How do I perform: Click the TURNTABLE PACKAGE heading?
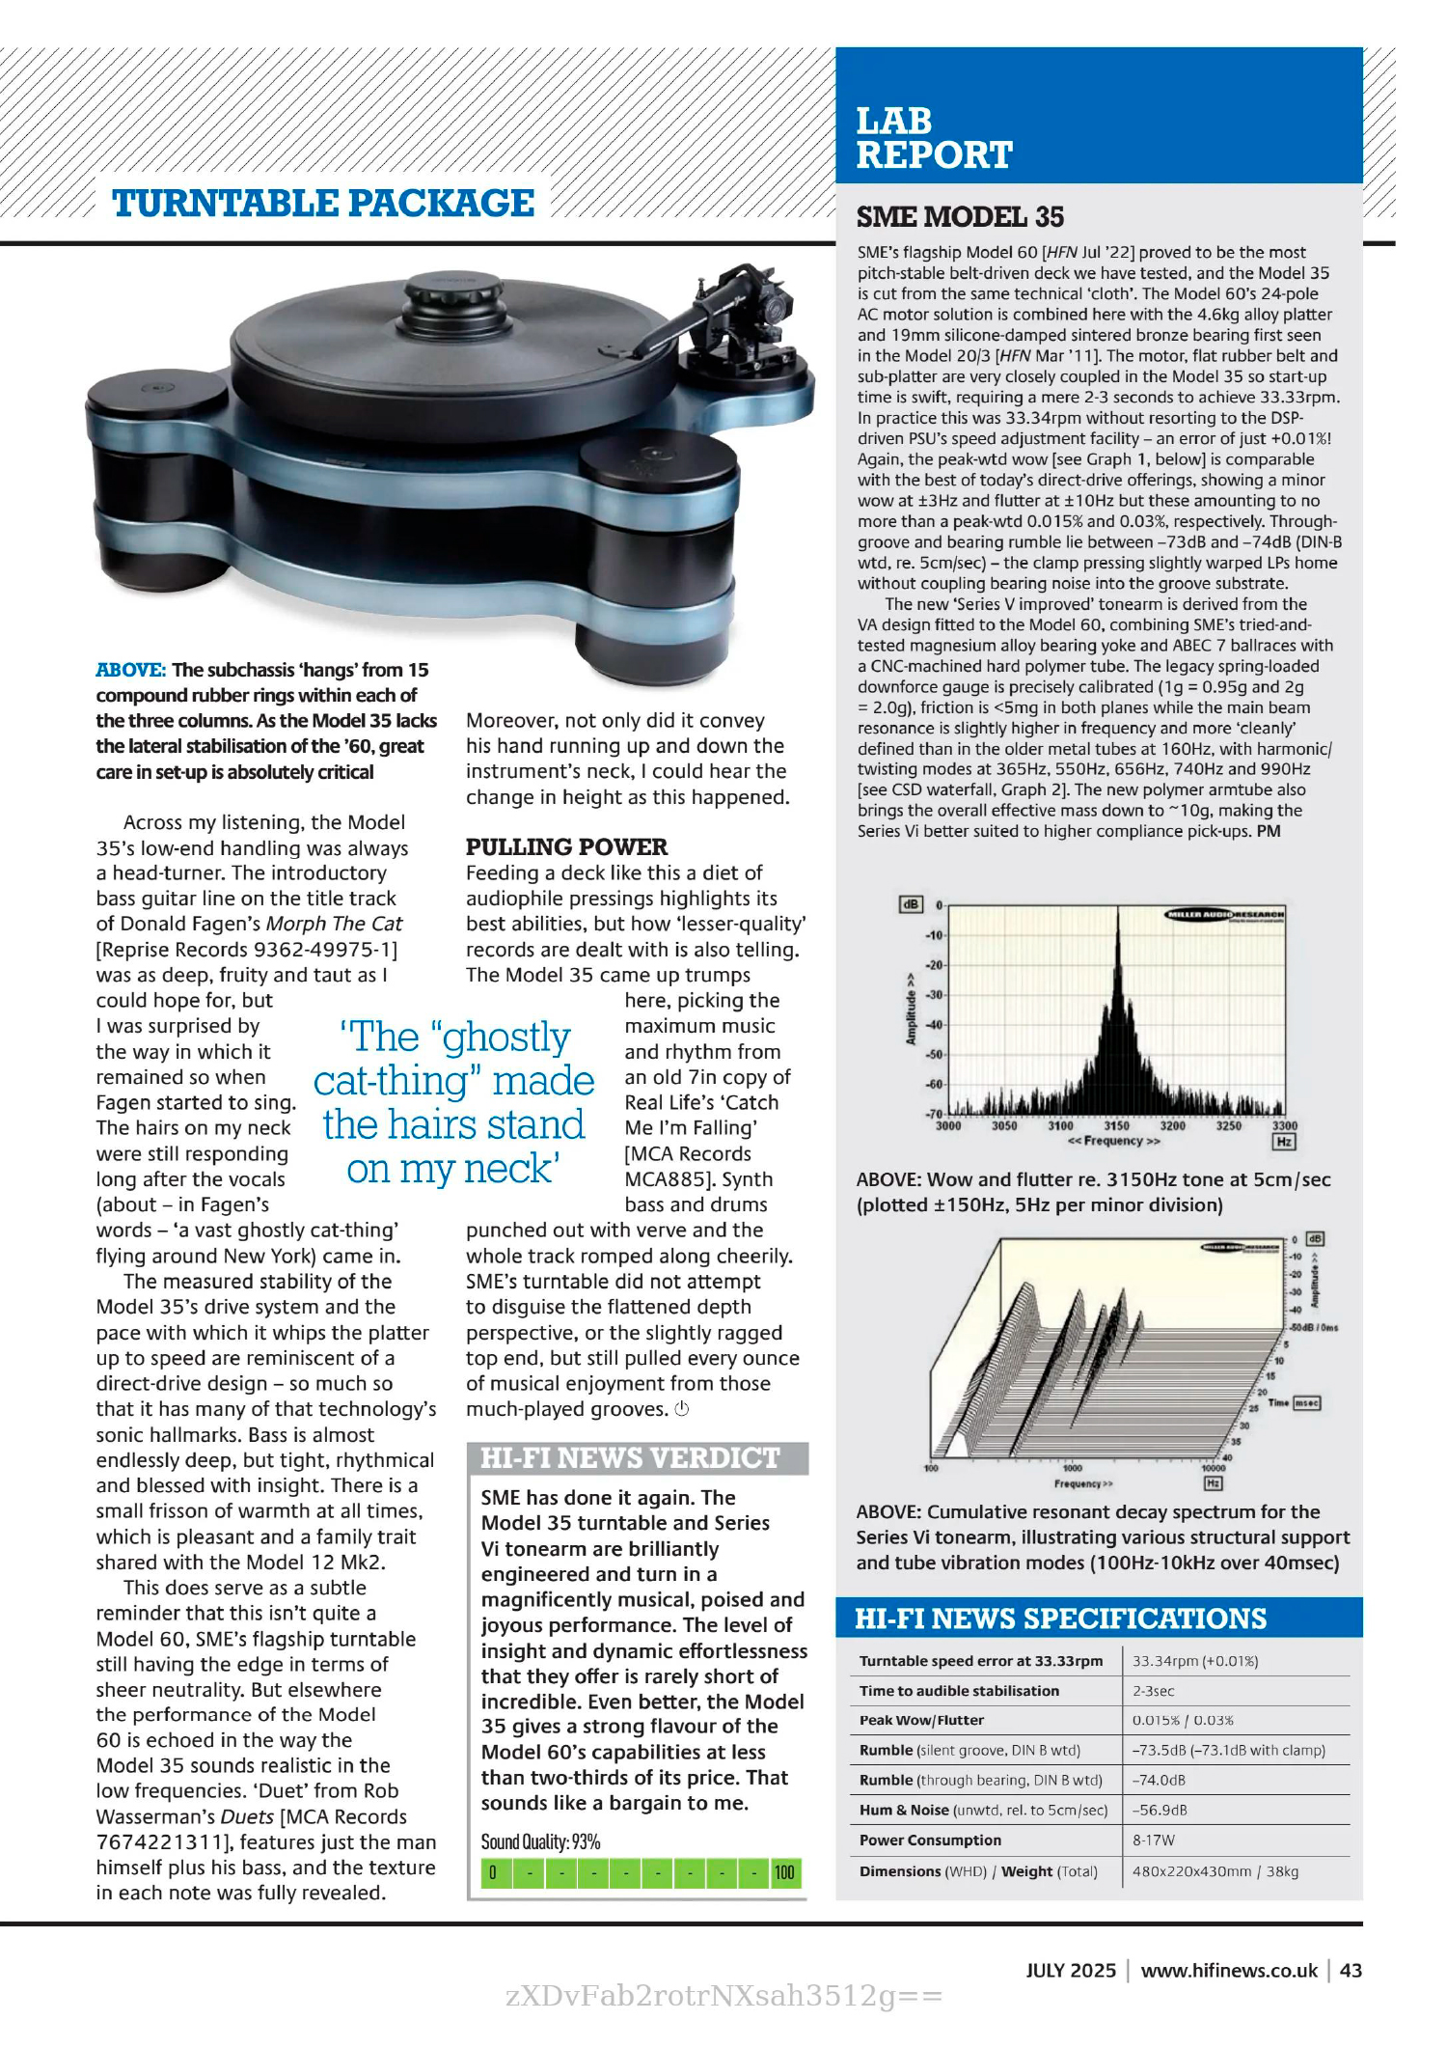pos(323,204)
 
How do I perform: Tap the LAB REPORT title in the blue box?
pos(933,138)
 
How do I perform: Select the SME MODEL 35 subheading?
pos(960,217)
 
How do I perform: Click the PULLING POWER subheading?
pos(566,846)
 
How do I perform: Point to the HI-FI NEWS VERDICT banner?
pos(630,1457)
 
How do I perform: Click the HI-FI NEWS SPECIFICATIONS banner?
pos(1059,1619)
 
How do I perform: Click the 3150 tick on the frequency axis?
pos(1116,1125)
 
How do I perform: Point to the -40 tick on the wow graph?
pos(933,1025)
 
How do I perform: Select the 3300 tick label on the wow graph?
pos(1284,1125)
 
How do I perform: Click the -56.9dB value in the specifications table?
pos(1159,1811)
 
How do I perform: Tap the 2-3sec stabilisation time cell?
pos(1153,1691)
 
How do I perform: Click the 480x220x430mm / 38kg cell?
pos(1215,1871)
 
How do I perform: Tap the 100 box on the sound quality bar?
pos(784,1873)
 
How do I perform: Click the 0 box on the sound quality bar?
pos(493,1873)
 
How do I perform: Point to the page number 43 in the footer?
pos(1351,1971)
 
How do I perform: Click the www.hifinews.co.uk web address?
pos(1228,1971)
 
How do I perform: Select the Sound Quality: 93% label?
pos(540,1841)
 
